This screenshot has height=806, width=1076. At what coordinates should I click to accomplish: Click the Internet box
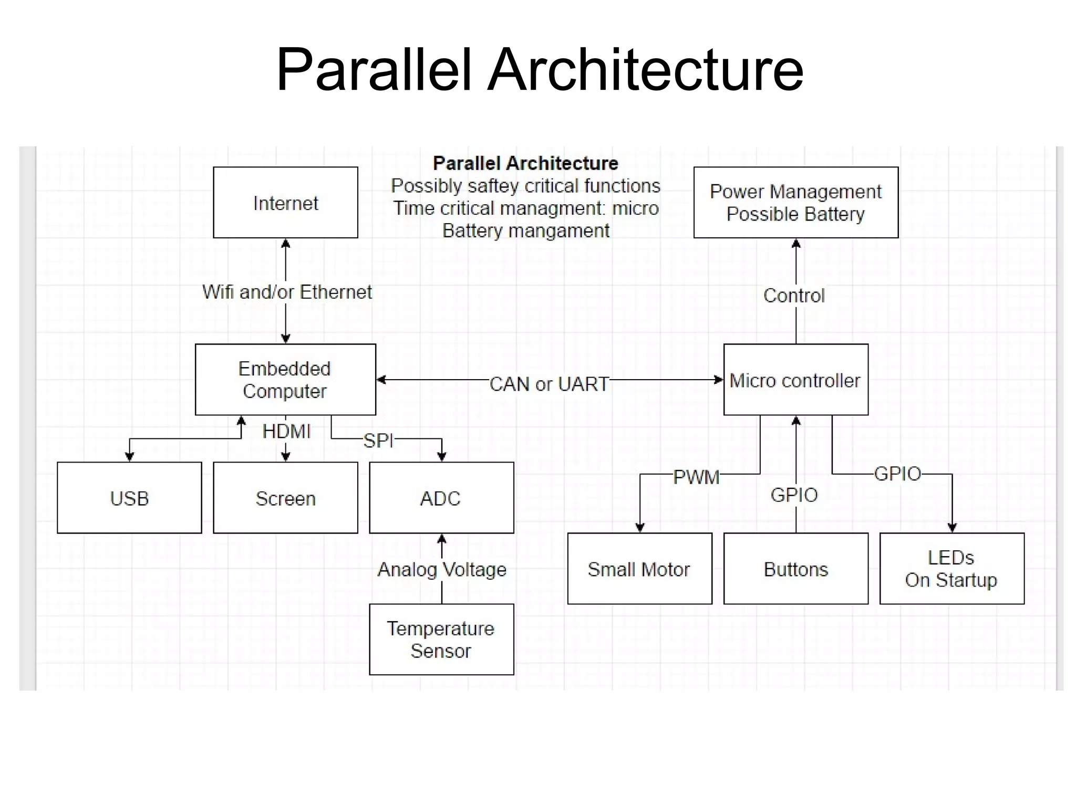285,203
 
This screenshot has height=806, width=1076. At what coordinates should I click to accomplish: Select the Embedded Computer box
285,380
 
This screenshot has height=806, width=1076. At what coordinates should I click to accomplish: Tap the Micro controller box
795,380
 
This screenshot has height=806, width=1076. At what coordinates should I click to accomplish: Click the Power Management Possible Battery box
795,203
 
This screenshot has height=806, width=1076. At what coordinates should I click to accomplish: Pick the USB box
129,498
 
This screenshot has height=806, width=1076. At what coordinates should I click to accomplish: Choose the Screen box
285,498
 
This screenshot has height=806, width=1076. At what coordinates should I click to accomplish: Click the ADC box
441,498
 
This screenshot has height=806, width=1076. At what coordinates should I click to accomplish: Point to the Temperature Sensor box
441,639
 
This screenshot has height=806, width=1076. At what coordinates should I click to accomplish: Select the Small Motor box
639,569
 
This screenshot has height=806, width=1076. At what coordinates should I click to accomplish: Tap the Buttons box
795,569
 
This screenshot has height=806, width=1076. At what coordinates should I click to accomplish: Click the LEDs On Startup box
951,569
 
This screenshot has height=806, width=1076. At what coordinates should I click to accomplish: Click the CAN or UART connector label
549,384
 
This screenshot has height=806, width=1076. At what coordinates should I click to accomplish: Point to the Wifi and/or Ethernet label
287,292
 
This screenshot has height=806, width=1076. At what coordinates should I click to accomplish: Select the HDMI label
286,432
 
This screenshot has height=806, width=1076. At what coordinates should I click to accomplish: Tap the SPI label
378,441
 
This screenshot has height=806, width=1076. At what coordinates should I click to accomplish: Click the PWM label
696,477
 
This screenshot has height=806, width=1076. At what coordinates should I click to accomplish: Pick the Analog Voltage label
442,569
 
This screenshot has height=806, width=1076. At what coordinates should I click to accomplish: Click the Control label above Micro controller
794,296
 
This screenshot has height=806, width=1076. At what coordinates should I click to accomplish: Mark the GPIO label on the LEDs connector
897,474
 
